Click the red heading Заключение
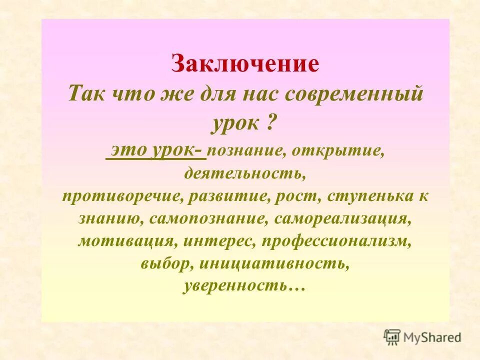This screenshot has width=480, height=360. (x=245, y=64)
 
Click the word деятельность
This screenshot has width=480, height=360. (x=244, y=174)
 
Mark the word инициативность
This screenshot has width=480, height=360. (x=274, y=263)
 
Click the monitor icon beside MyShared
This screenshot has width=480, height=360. (x=392, y=337)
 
